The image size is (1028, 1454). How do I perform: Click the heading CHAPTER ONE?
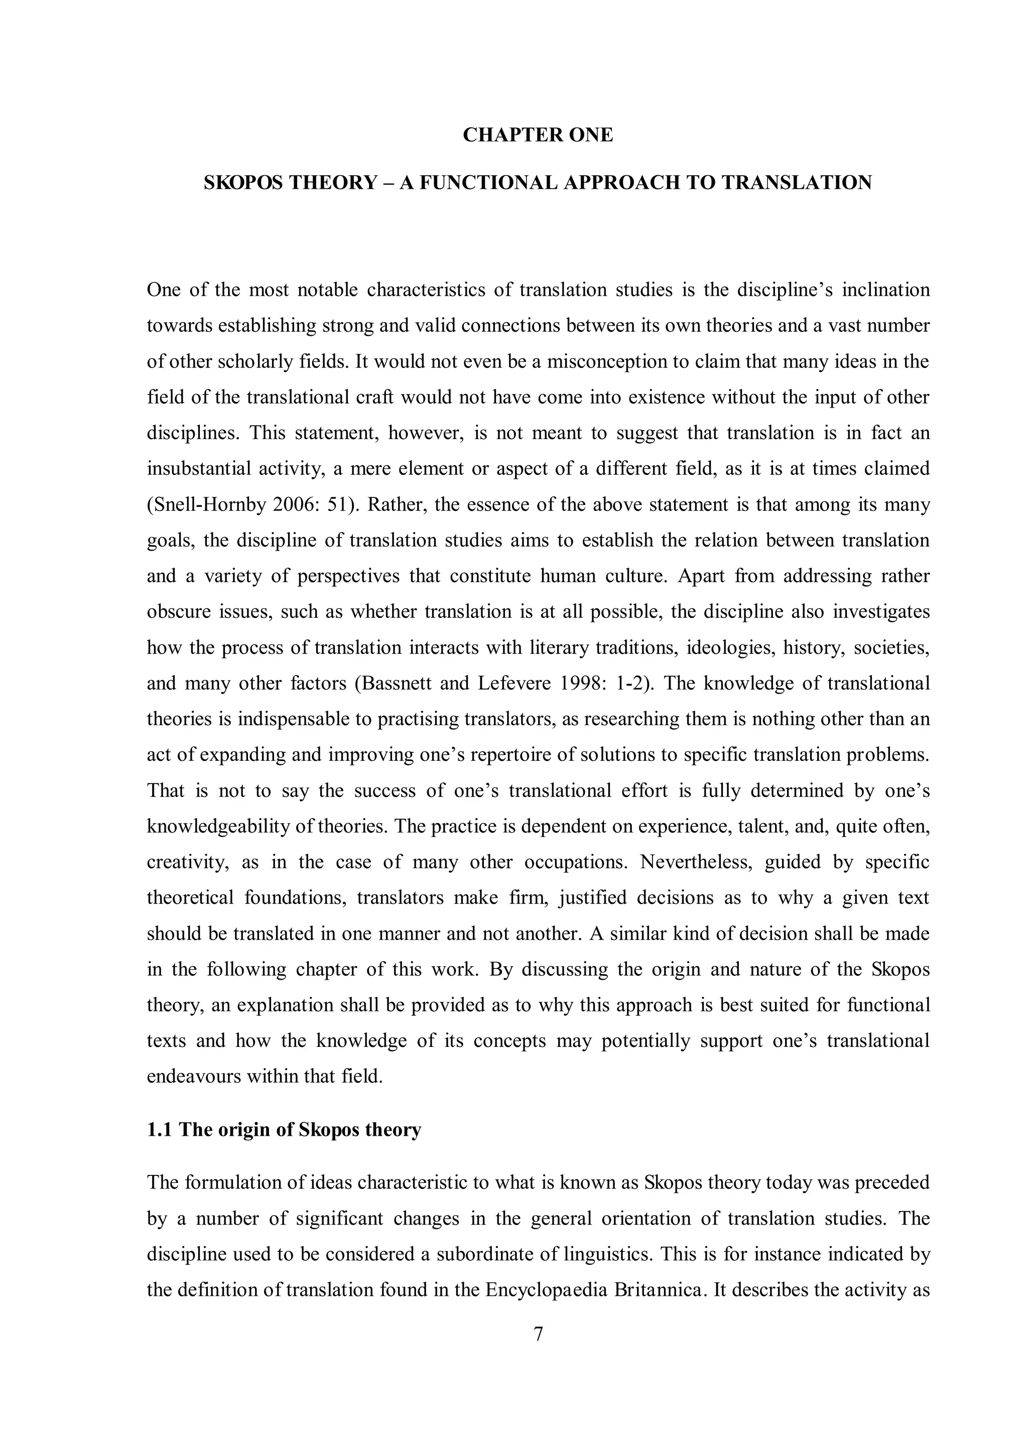point(538,135)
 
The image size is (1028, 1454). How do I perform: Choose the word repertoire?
point(520,755)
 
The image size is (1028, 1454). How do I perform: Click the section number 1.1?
point(160,1130)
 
